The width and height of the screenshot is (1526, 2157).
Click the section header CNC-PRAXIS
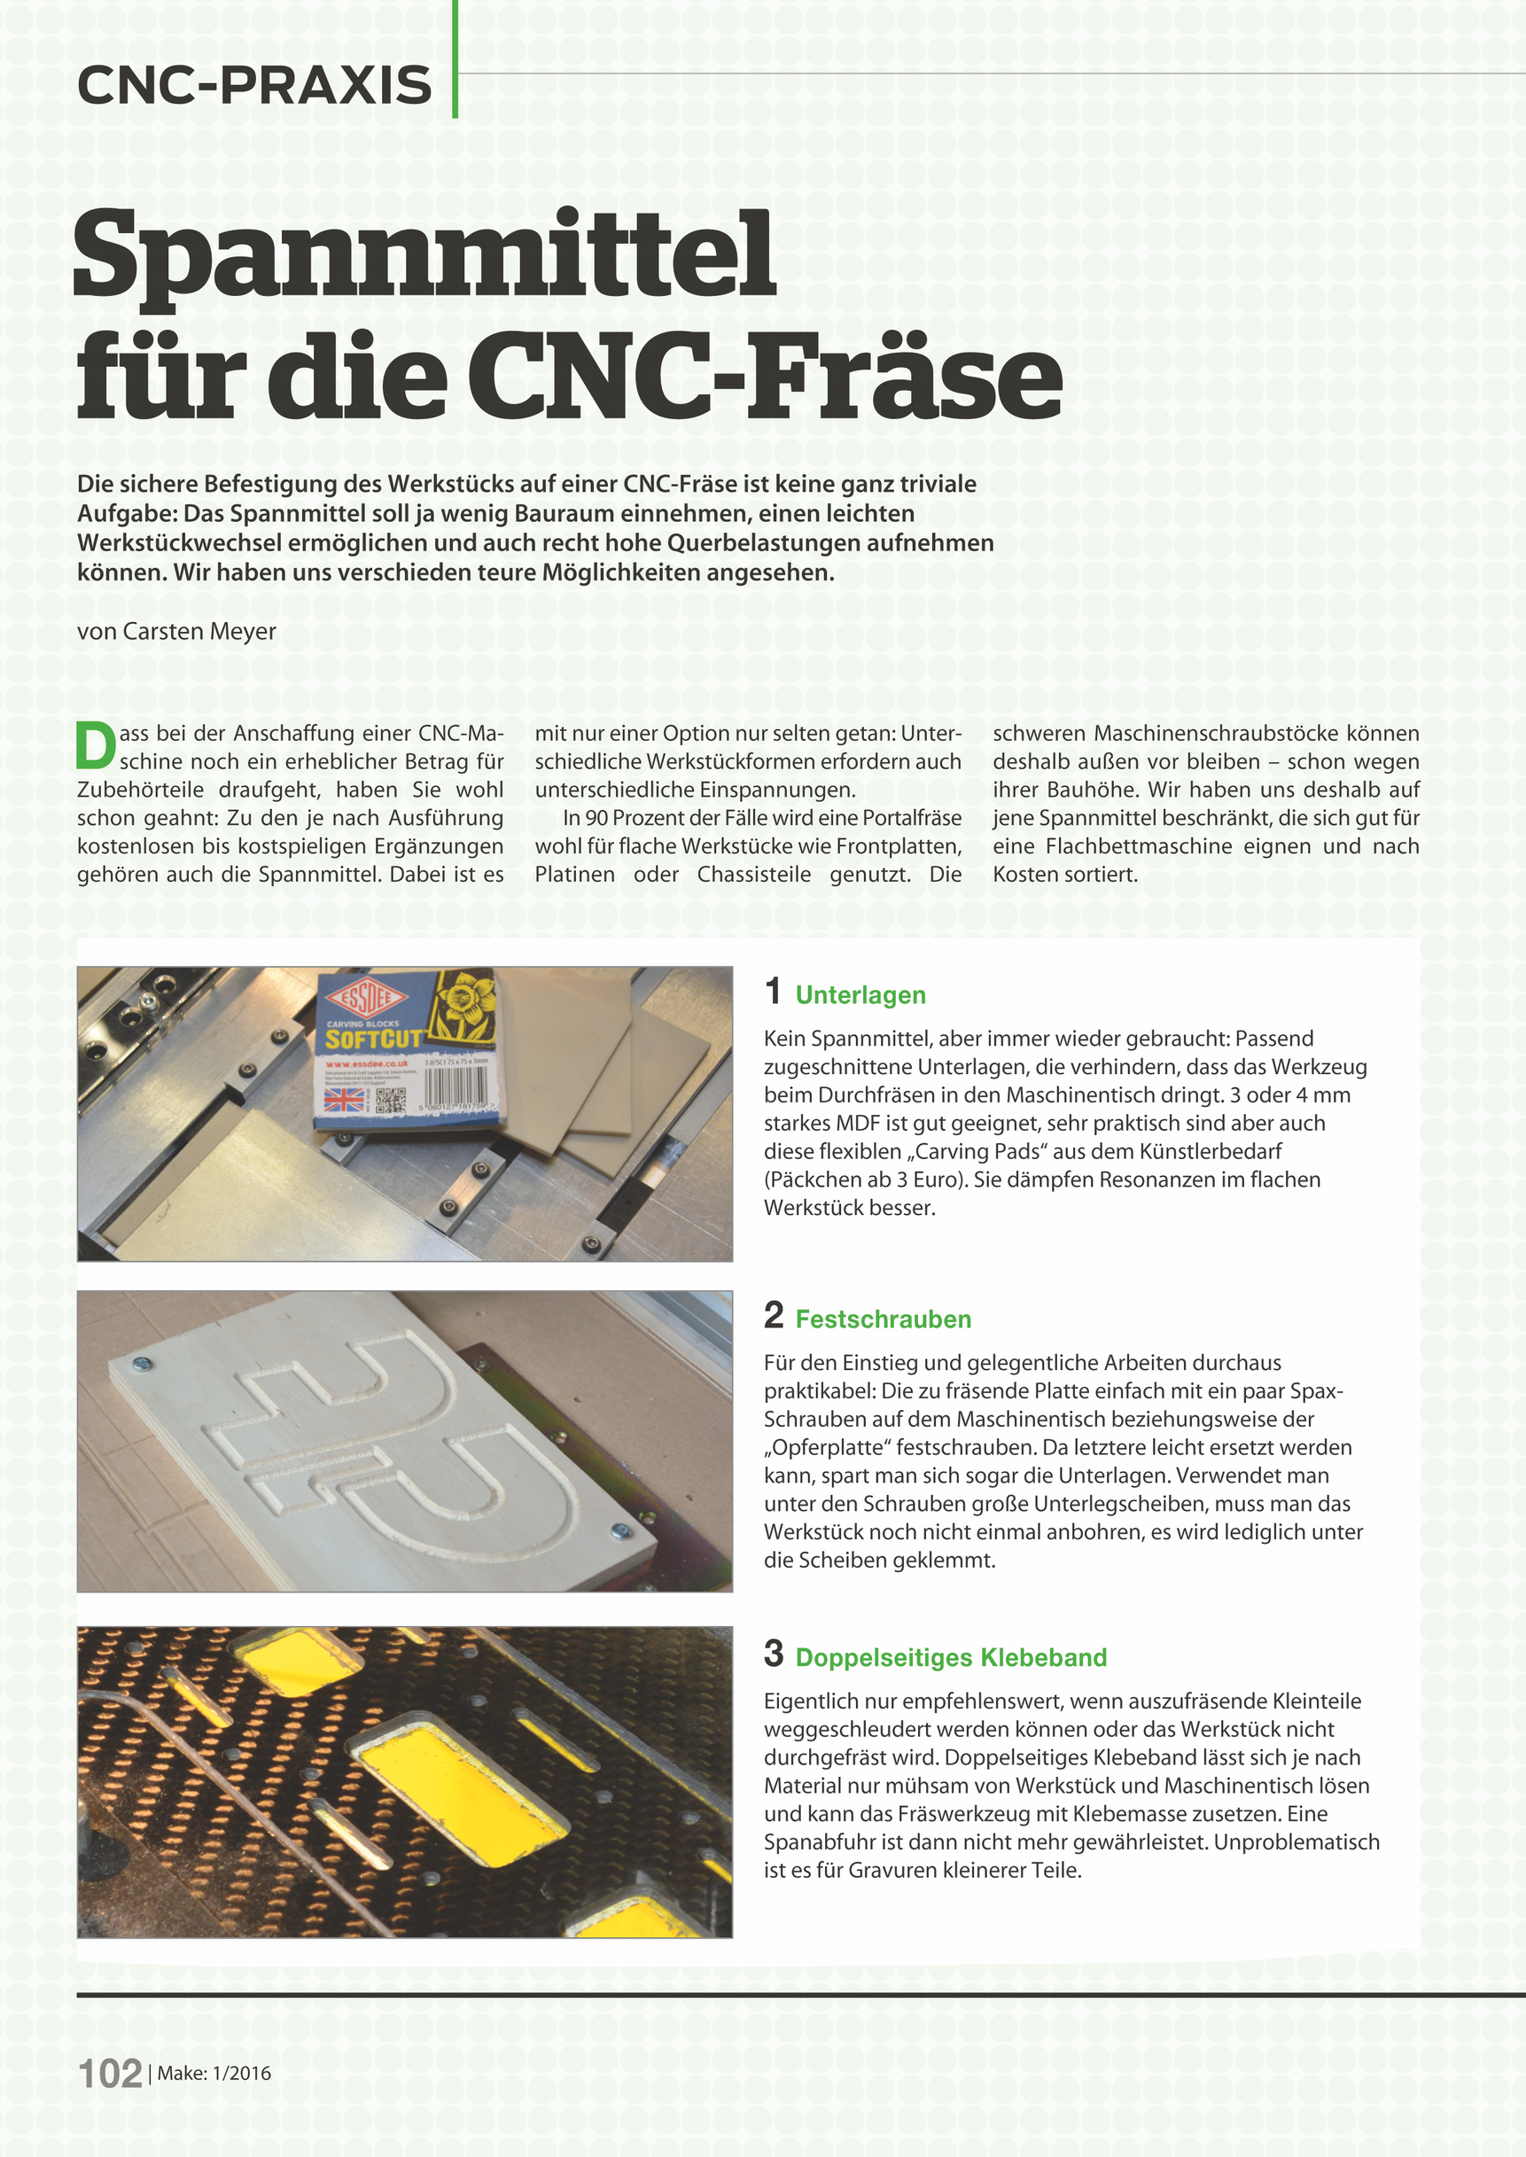(x=254, y=85)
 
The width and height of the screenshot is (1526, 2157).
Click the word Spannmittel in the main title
(x=424, y=255)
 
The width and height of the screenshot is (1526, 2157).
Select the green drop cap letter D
(x=95, y=745)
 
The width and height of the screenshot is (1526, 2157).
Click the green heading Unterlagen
(x=860, y=995)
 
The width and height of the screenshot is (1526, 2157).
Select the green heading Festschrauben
(x=883, y=1319)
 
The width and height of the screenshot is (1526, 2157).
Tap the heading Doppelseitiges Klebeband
(x=950, y=1657)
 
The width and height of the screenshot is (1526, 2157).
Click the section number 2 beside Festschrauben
(x=774, y=1315)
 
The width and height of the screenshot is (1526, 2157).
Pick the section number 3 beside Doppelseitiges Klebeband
(x=774, y=1654)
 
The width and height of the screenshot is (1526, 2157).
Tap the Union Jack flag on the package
(x=344, y=1098)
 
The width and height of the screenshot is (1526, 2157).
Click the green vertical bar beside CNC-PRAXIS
(x=455, y=58)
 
